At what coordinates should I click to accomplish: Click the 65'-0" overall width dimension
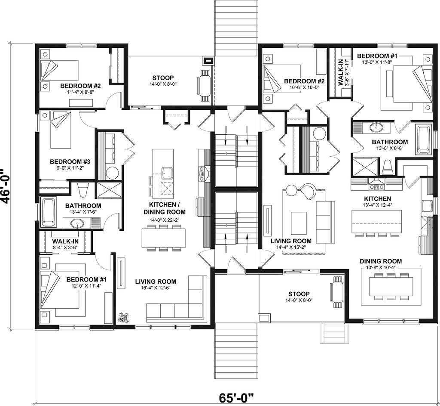coord(236,398)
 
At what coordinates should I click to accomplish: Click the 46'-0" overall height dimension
coord(6,186)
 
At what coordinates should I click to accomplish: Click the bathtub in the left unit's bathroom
coord(49,212)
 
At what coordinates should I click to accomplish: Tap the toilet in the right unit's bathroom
coord(388,167)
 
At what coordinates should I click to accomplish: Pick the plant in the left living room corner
coord(123,317)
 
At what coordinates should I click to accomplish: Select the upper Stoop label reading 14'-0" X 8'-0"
coord(163,80)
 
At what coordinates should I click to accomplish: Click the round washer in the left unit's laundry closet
coord(113,173)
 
